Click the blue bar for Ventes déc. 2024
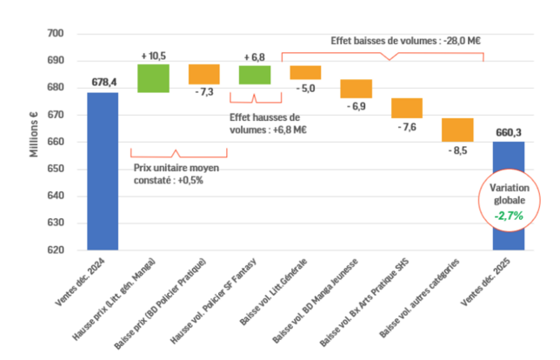click(x=103, y=171)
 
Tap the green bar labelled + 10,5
click(x=153, y=78)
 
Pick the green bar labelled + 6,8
click(x=255, y=75)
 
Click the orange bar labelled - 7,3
click(x=204, y=74)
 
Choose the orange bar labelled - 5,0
click(x=305, y=72)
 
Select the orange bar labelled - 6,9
click(x=356, y=89)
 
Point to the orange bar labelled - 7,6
click(x=406, y=108)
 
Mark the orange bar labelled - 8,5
click(x=457, y=130)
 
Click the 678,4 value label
click(x=103, y=83)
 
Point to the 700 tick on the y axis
click(x=56, y=34)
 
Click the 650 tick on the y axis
click(x=56, y=169)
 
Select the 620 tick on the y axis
click(x=56, y=250)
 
